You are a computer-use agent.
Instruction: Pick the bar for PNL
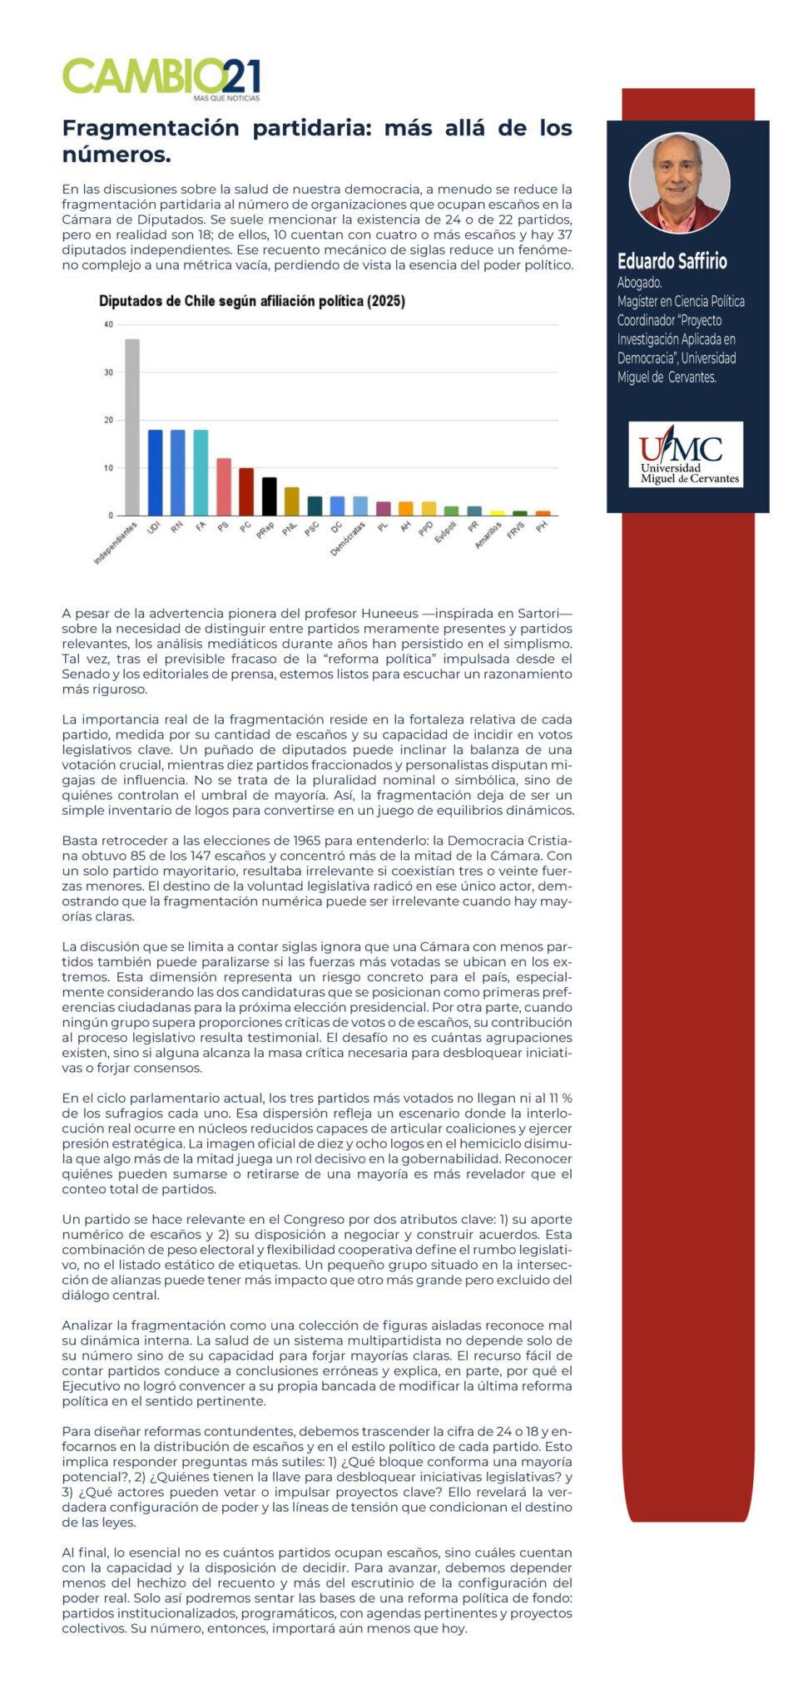[291, 501]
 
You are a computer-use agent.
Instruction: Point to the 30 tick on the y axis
[108, 373]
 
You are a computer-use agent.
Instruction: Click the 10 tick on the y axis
[108, 468]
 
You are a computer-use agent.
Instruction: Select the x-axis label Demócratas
[349, 539]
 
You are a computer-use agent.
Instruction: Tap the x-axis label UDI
[154, 527]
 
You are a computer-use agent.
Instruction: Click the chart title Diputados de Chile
[251, 301]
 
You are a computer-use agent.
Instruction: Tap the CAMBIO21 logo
[161, 77]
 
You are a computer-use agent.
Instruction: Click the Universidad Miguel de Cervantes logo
[686, 454]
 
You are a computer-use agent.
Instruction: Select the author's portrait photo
[679, 182]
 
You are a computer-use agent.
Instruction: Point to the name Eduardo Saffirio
[672, 261]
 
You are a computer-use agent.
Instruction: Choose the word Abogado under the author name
[639, 283]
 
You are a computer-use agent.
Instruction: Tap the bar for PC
[246, 491]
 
